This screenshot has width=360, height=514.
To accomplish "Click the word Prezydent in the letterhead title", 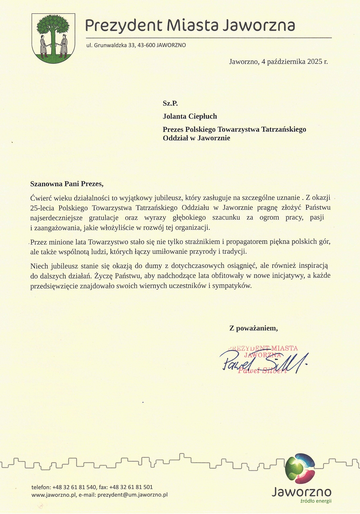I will (x=124, y=26).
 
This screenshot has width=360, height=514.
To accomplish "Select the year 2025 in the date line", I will (x=315, y=62).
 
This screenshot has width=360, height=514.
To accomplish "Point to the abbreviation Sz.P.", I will (x=170, y=103).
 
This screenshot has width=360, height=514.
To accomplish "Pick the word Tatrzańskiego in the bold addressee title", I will (x=284, y=130).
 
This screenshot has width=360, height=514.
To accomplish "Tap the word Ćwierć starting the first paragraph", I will (x=41, y=198).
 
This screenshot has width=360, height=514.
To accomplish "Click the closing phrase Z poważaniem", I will (x=253, y=328).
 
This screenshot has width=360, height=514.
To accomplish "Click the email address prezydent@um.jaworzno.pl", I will (x=132, y=495).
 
